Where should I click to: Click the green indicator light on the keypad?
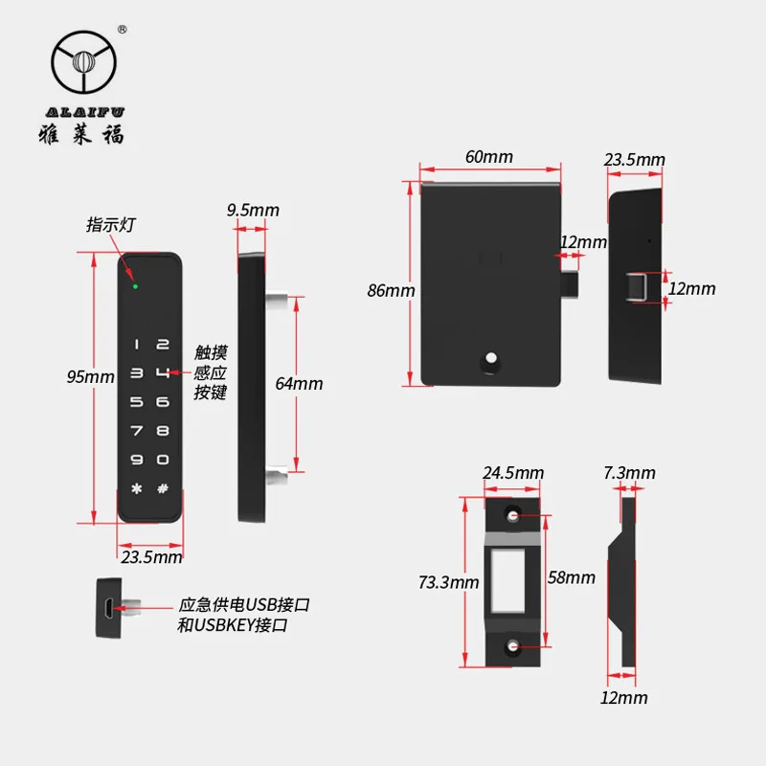pos(135,285)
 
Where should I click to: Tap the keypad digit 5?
pos(136,402)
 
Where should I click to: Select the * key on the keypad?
pos(136,489)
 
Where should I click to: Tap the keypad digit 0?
pos(164,460)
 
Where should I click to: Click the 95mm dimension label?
pos(90,377)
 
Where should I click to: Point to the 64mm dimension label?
pos(299,384)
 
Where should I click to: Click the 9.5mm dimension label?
pos(253,210)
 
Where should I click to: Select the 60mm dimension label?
pos(489,156)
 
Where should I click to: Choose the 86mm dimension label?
pos(391,290)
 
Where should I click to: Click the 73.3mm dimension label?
pos(449,581)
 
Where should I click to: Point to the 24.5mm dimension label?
pos(513,472)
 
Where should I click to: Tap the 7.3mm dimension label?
pos(630,472)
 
